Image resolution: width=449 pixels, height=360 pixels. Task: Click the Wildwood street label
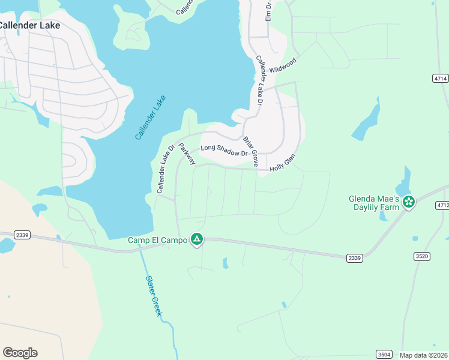click(x=283, y=65)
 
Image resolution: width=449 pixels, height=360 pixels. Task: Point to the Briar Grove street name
click(x=250, y=151)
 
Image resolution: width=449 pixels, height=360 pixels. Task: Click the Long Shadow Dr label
click(x=224, y=150)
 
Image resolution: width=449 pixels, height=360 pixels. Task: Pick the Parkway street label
click(x=187, y=153)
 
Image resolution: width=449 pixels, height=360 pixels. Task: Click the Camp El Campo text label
click(x=157, y=240)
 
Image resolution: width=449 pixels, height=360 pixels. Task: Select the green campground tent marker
click(x=196, y=240)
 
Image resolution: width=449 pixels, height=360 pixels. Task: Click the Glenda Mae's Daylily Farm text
click(x=373, y=203)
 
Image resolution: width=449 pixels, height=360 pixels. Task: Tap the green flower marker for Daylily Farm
click(x=409, y=202)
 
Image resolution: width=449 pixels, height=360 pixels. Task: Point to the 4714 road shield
click(x=440, y=79)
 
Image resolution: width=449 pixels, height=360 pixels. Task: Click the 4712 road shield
click(x=442, y=205)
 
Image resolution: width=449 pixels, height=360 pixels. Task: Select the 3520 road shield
click(x=422, y=256)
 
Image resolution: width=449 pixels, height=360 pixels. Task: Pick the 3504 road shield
click(x=385, y=354)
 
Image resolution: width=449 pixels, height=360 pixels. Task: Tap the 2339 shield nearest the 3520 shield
click(x=354, y=257)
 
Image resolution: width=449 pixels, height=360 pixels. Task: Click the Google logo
click(x=20, y=353)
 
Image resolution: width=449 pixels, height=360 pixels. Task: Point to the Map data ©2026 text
click(x=424, y=355)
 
